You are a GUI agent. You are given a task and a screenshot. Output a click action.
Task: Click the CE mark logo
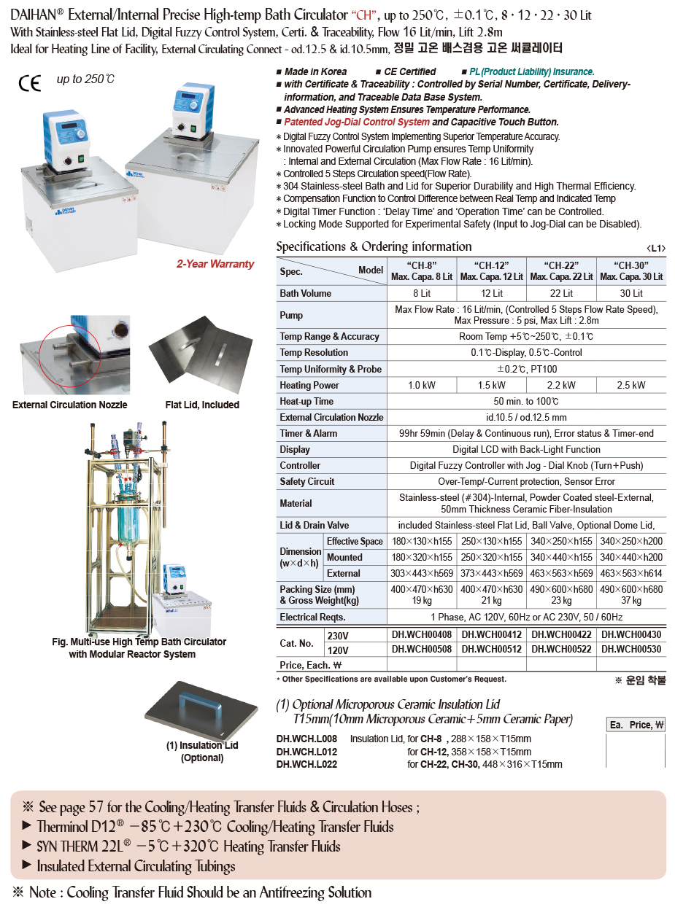click(x=30, y=83)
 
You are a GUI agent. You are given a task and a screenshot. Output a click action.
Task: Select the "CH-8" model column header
click(x=422, y=270)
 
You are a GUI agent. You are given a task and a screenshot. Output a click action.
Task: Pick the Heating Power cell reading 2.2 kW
click(x=561, y=385)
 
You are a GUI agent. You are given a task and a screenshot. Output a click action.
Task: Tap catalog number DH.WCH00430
click(x=631, y=635)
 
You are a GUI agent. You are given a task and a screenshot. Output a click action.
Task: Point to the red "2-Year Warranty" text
click(x=215, y=264)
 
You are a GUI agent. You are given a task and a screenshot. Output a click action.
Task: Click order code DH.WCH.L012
click(x=306, y=752)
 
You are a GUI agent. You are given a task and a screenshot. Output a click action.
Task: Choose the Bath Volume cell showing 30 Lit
click(x=631, y=293)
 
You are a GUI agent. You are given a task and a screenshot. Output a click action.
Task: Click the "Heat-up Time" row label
click(x=306, y=401)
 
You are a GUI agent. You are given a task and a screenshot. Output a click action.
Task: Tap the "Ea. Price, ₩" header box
click(x=636, y=725)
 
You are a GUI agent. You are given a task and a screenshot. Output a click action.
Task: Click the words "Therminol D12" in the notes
click(x=76, y=827)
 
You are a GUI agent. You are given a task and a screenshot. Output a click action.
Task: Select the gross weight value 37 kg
click(x=631, y=601)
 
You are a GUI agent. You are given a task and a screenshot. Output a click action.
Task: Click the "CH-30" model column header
click(x=631, y=270)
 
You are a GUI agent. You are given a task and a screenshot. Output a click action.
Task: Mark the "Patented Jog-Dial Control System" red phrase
click(x=356, y=122)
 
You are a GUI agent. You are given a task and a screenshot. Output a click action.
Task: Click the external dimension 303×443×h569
click(x=422, y=573)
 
